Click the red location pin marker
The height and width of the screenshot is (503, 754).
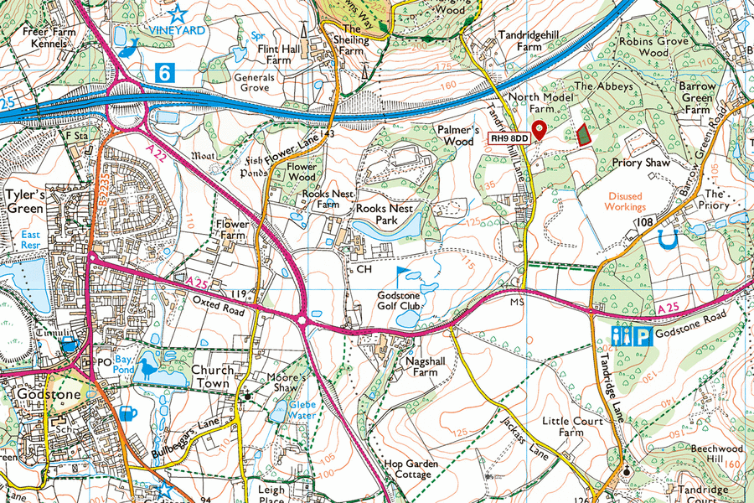[540, 129]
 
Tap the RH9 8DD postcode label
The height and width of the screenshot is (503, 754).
[509, 137]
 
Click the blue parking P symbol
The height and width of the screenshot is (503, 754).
[642, 337]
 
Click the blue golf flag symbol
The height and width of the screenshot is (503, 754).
[403, 276]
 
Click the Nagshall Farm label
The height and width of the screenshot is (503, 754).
[411, 366]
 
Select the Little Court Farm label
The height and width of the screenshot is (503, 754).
[573, 427]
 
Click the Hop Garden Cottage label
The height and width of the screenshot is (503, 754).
[407, 469]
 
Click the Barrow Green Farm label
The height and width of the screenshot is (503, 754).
[698, 97]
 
